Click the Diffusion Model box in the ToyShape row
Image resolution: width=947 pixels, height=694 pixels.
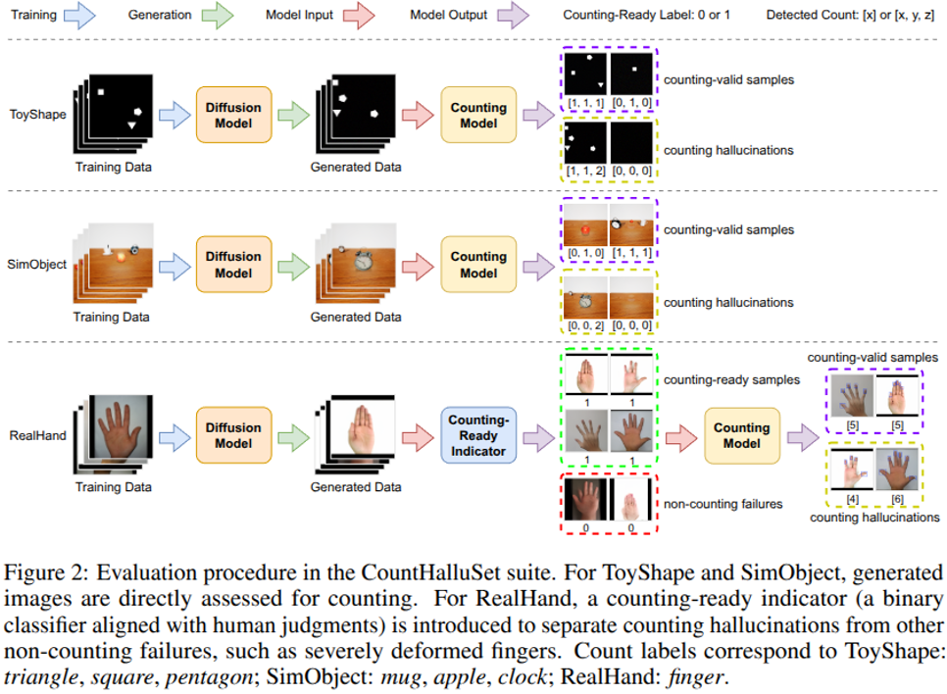pos(233,116)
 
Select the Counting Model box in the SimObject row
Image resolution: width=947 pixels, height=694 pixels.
pos(478,265)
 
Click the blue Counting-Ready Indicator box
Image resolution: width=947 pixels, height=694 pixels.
pos(478,435)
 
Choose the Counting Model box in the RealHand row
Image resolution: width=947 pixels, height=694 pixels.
pos(741,435)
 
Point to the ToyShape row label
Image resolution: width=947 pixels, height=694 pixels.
pos(37,114)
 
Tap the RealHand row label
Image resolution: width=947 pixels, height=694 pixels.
pos(38,434)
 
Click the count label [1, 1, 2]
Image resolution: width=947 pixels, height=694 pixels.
pos(586,173)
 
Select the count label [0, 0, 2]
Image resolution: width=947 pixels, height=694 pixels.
pos(586,324)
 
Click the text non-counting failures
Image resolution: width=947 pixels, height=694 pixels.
pos(723,504)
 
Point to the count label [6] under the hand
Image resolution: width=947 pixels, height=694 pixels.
pos(897,499)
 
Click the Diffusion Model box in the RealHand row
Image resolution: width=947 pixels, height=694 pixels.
pos(233,435)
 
